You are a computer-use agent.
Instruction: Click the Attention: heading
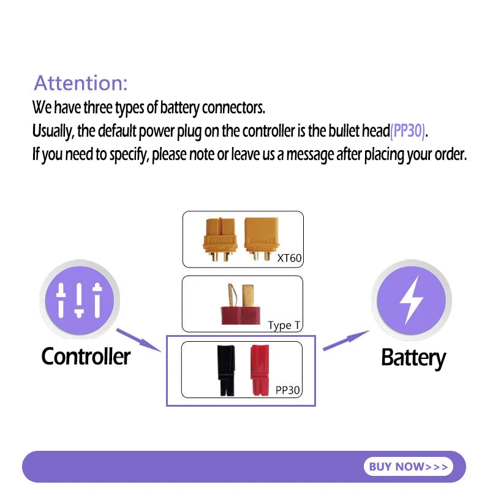coord(81,83)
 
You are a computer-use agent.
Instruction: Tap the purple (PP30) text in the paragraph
coord(407,131)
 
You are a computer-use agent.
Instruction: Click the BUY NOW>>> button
coord(408,467)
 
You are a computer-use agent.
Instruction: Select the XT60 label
coord(289,258)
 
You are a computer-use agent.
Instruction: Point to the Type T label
coord(284,325)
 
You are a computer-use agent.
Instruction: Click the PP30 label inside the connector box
coord(287,390)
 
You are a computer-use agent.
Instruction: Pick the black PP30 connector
coord(226,371)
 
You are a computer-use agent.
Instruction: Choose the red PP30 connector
coord(260,371)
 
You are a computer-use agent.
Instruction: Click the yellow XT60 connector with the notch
coord(220,239)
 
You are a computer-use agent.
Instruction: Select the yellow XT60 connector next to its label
coord(262,239)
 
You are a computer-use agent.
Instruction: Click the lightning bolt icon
coord(411,300)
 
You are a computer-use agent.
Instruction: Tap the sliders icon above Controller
coord(79,300)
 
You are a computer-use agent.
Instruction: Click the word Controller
coord(86,356)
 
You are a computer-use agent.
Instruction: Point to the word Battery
coord(413,358)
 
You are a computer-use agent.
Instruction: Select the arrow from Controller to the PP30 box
coord(139,340)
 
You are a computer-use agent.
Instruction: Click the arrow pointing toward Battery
coord(346,341)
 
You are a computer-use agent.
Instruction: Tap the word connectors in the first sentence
coord(233,108)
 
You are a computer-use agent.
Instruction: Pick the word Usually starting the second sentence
coord(53,131)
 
